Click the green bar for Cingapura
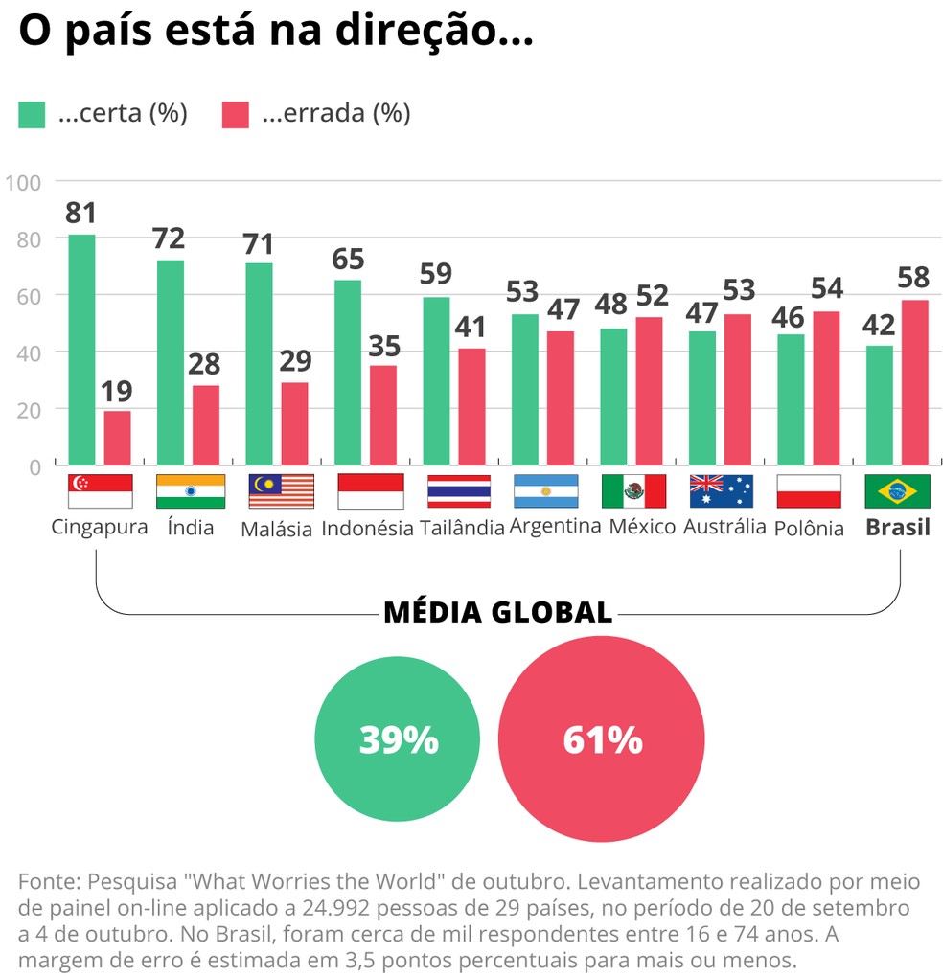[82, 350]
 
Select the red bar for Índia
[206, 425]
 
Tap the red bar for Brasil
[914, 383]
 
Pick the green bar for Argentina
[525, 389]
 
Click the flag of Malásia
[281, 490]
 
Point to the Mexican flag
[633, 490]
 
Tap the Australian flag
[721, 490]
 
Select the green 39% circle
[397, 739]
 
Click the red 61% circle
[601, 739]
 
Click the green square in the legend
[32, 115]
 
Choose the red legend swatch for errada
[235, 115]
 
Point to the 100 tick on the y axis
[23, 181]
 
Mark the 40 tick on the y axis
[29, 352]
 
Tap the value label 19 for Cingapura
[117, 391]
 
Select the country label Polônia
[808, 529]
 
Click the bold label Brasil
[897, 528]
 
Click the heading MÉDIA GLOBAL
[497, 612]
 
